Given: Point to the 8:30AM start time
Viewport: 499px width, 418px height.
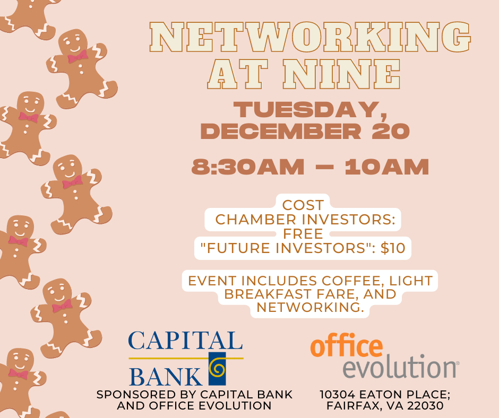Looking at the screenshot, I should point(248,167).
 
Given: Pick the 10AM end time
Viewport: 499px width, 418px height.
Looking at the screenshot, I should point(386,167).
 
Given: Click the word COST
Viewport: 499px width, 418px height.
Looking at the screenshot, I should point(303,205).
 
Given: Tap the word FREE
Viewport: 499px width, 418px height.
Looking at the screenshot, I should point(303,233).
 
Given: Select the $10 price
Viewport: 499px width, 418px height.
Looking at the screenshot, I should point(393,248).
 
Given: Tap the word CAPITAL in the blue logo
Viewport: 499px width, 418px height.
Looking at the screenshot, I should point(185,341).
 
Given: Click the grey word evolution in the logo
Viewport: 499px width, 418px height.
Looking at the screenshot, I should point(399,367).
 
